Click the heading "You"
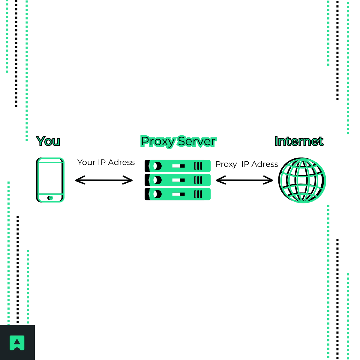tap(48, 141)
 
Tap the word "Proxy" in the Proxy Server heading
tap(158, 141)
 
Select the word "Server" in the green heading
tap(196, 141)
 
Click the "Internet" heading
tap(299, 141)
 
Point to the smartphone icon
tap(50, 180)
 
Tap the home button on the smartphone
tap(50, 198)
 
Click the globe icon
tap(302, 180)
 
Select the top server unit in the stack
tap(178, 166)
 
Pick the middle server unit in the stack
tap(178, 180)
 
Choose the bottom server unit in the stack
tap(178, 194)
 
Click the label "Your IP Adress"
tap(106, 162)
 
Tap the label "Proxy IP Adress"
tap(247, 164)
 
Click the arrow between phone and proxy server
tap(104, 180)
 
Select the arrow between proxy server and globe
tap(244, 180)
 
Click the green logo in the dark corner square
tap(17, 343)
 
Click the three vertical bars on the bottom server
tap(198, 194)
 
